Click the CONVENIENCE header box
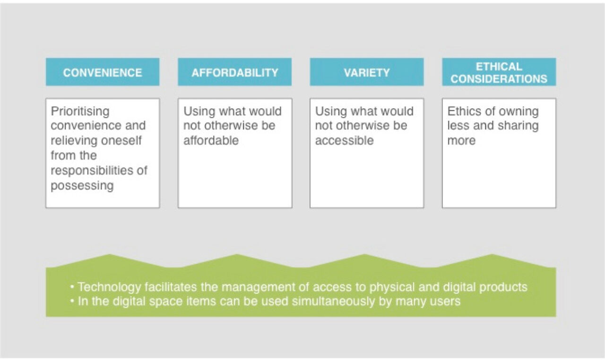click(x=103, y=72)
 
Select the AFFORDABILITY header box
click(x=235, y=72)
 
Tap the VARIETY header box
click(x=367, y=72)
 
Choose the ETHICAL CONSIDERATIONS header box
click(x=499, y=72)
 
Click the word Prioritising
click(x=80, y=111)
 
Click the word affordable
click(x=211, y=140)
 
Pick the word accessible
click(x=345, y=140)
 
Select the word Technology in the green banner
click(x=109, y=287)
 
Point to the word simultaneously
click(x=334, y=301)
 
